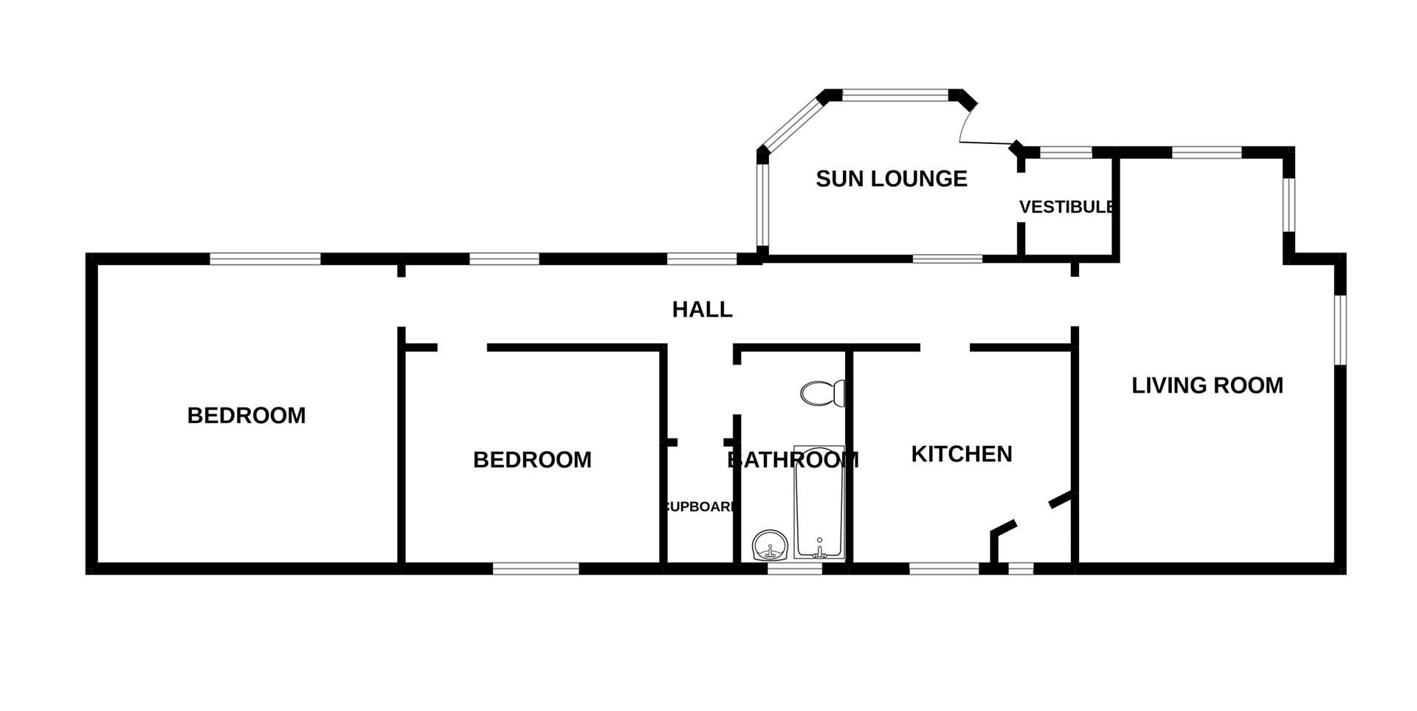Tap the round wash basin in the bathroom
770,547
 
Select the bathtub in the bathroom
819,502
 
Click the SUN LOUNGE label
891,179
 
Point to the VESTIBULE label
1066,207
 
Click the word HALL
702,309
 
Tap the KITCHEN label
961,454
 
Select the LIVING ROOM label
1207,385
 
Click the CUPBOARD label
700,507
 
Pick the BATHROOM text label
793,460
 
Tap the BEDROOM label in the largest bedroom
246,416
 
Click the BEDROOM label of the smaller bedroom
531,460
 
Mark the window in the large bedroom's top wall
265,258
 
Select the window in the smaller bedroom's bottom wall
536,569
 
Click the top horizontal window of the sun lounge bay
894,95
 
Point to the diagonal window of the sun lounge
790,125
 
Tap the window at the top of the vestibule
1065,153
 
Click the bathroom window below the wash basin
795,569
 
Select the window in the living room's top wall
1206,153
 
